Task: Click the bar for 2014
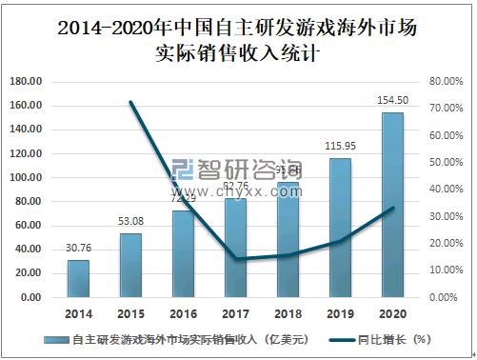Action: pos(78,278)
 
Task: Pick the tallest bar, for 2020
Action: pos(392,205)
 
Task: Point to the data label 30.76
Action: pos(78,250)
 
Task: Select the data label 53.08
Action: pos(130,223)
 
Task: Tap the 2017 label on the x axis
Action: pos(235,312)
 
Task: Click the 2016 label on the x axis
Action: pos(183,312)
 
